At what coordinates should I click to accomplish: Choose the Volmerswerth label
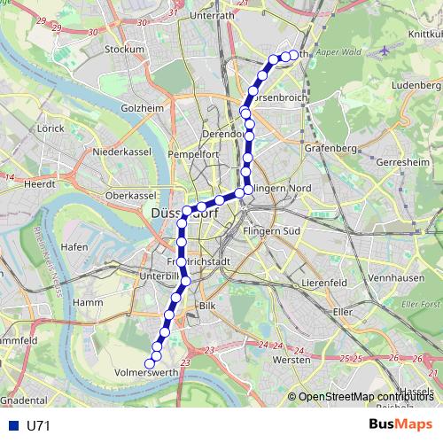[x=147, y=374]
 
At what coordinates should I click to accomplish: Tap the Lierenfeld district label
[x=323, y=282]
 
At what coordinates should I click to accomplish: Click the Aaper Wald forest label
[x=334, y=52]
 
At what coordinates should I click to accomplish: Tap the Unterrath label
[x=212, y=15]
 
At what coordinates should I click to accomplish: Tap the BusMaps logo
[x=400, y=424]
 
